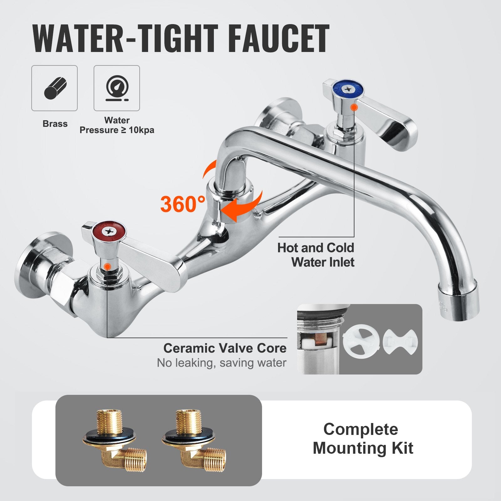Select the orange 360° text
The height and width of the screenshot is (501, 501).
point(183,204)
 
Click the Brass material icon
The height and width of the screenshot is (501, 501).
point(54,88)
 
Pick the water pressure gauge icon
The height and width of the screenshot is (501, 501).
point(117,88)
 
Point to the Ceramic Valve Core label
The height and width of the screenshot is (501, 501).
point(225,348)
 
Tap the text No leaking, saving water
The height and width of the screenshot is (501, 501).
point(221,363)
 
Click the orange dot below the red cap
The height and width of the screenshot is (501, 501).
point(107,266)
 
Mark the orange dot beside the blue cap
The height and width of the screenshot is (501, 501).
point(354,107)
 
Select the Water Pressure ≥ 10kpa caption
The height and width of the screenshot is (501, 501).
point(117,125)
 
